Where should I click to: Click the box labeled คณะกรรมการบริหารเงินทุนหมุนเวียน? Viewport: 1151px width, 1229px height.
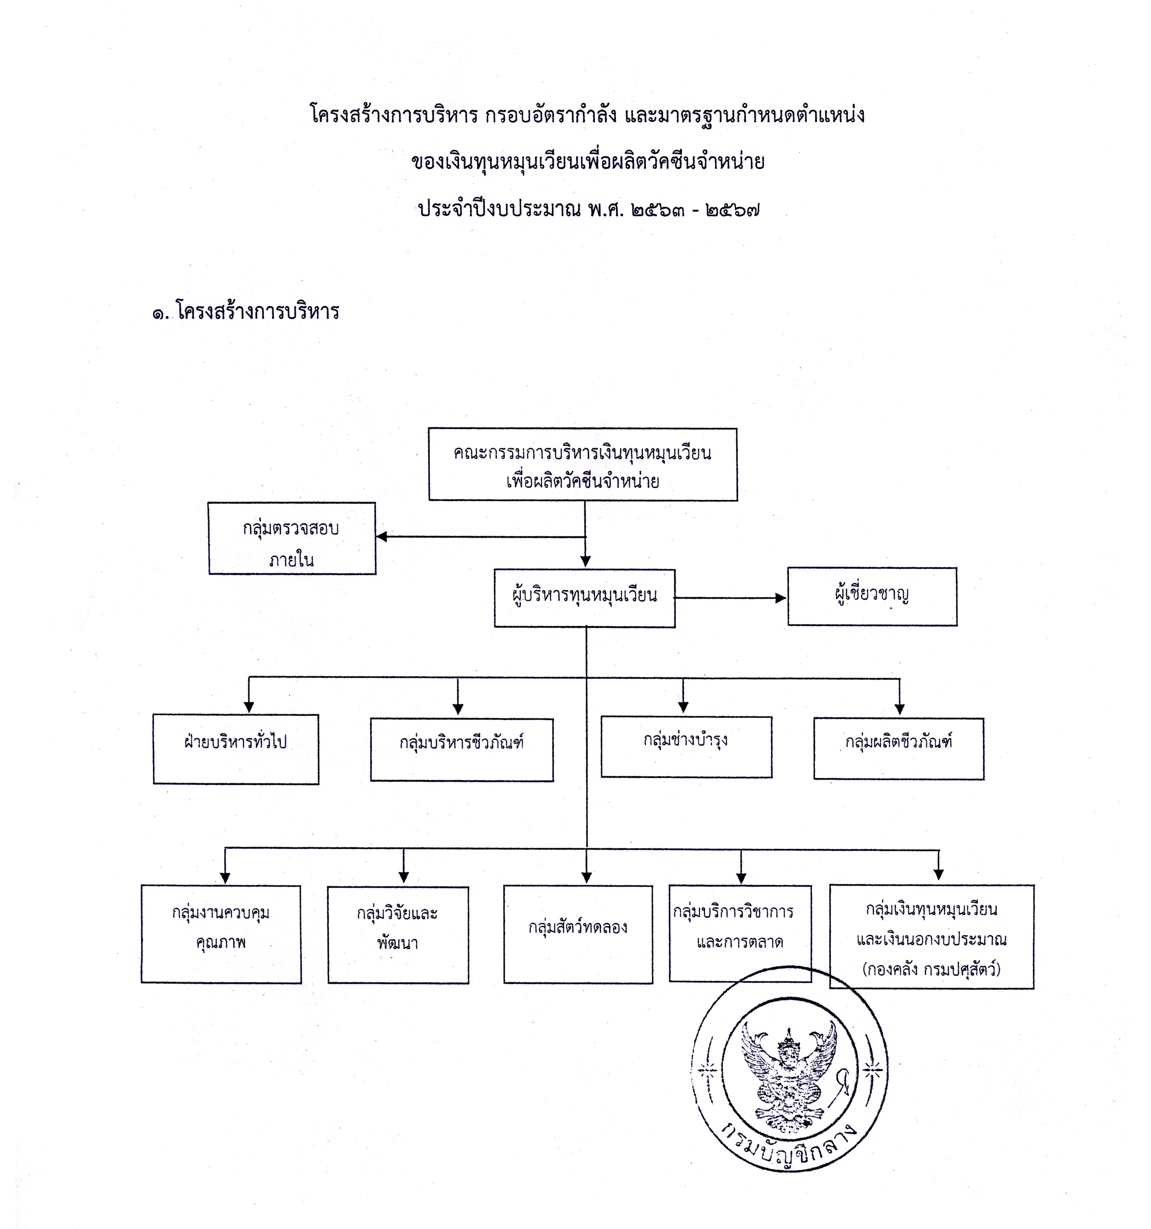(582, 464)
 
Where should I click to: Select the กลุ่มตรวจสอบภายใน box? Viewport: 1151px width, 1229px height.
(292, 538)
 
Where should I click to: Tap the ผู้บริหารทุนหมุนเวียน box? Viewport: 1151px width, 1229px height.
(584, 598)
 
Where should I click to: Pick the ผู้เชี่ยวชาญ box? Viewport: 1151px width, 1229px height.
(872, 597)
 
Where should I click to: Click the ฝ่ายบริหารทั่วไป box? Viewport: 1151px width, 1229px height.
(236, 749)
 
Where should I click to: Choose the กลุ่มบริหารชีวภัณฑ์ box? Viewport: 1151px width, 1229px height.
(462, 749)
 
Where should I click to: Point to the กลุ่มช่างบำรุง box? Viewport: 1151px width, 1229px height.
(686, 746)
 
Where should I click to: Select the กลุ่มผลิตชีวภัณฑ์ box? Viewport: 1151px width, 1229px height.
(898, 748)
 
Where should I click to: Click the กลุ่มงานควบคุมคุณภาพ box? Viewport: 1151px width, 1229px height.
(221, 933)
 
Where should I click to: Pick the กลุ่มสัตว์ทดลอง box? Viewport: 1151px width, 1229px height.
(578, 933)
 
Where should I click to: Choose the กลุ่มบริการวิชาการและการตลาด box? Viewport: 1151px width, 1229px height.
(740, 933)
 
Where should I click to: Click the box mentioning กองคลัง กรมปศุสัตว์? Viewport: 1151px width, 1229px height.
(931, 936)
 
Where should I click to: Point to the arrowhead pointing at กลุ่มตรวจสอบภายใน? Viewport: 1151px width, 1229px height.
(382, 536)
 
